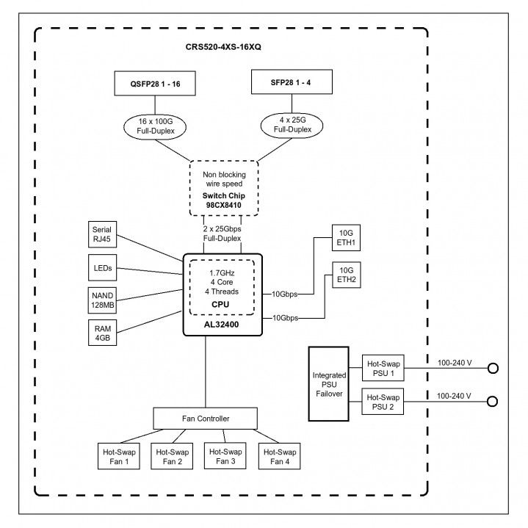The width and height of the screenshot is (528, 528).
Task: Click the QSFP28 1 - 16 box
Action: pyautogui.click(x=155, y=83)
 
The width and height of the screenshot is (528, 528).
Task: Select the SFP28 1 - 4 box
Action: pyautogui.click(x=292, y=82)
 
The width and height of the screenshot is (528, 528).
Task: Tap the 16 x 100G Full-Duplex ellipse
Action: pyautogui.click(x=155, y=126)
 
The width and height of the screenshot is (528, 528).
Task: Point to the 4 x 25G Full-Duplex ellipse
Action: pyautogui.click(x=292, y=125)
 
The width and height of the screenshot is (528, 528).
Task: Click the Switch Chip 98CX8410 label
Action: pyautogui.click(x=223, y=200)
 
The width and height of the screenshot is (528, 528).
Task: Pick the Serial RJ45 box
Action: pyautogui.click(x=102, y=234)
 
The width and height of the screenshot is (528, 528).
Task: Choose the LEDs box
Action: pyautogui.click(x=102, y=268)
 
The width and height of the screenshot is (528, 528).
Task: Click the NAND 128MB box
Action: pyautogui.click(x=102, y=300)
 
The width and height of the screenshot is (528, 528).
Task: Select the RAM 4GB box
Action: pyautogui.click(x=102, y=333)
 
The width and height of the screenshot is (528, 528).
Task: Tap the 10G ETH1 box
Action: pyautogui.click(x=346, y=238)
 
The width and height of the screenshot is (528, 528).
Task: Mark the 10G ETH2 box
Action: pyautogui.click(x=347, y=275)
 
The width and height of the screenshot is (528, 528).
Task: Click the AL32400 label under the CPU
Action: pyautogui.click(x=221, y=325)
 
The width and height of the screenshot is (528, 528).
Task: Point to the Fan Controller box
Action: pyautogui.click(x=206, y=419)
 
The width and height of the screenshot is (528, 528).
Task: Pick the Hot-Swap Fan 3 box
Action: pyautogui.click(x=225, y=455)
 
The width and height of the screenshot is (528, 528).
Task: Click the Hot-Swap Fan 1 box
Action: pyautogui.click(x=119, y=456)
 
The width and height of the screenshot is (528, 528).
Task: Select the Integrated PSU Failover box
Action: pyautogui.click(x=329, y=384)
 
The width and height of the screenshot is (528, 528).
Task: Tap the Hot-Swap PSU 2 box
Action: pyautogui.click(x=383, y=402)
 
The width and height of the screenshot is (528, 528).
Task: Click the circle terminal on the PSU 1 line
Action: pyautogui.click(x=493, y=369)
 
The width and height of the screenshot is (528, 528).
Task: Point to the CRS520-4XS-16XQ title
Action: pyautogui.click(x=223, y=47)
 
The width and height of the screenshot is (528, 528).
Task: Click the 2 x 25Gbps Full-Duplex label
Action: pyautogui.click(x=222, y=234)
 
